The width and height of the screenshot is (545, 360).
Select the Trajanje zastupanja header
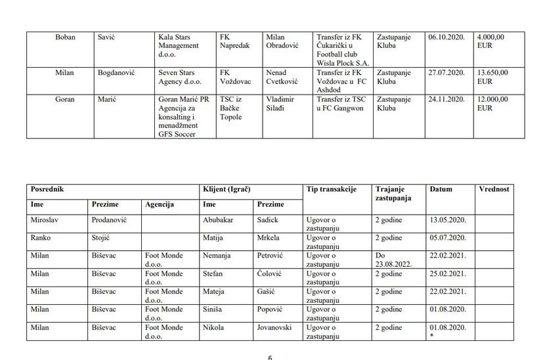(393, 192)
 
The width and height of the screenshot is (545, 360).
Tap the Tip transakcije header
(331, 189)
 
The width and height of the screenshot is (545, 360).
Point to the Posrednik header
(49, 189)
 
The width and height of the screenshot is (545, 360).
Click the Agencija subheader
(160, 205)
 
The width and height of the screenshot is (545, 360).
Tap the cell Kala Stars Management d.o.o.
(179, 45)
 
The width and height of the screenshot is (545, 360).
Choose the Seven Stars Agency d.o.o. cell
(179, 77)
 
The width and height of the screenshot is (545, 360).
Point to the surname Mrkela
(271, 237)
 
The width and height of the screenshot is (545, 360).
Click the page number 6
(270, 357)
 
